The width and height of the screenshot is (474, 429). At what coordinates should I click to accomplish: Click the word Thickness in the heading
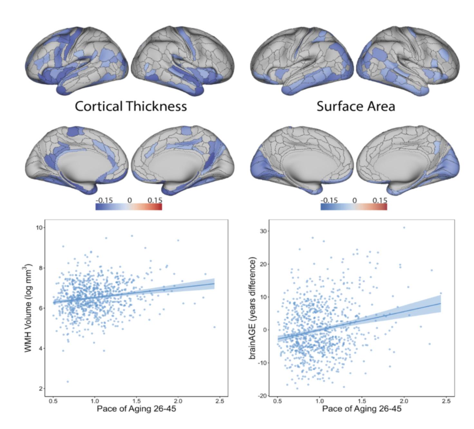click(x=156, y=106)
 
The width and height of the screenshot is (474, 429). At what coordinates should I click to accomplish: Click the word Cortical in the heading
click(x=99, y=106)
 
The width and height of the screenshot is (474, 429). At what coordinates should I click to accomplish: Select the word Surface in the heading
click(x=338, y=106)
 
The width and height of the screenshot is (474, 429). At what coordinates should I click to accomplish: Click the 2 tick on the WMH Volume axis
click(x=41, y=389)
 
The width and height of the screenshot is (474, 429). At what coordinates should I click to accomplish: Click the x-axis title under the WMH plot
click(x=136, y=409)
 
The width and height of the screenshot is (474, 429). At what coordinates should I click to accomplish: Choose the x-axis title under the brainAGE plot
click(x=362, y=409)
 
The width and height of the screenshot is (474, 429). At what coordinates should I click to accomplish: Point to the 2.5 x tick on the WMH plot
click(x=220, y=401)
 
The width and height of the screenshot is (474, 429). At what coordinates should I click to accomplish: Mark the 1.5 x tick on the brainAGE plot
click(x=362, y=401)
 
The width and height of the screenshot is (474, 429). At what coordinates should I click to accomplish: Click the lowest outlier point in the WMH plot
click(x=68, y=382)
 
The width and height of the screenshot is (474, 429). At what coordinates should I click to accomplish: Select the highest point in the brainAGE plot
click(x=404, y=228)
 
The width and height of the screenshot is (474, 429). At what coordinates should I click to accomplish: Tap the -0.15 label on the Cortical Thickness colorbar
click(x=104, y=200)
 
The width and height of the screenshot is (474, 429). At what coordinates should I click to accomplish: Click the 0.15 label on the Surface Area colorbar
click(x=380, y=200)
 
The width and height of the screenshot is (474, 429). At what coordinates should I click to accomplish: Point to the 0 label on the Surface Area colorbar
click(x=354, y=200)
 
